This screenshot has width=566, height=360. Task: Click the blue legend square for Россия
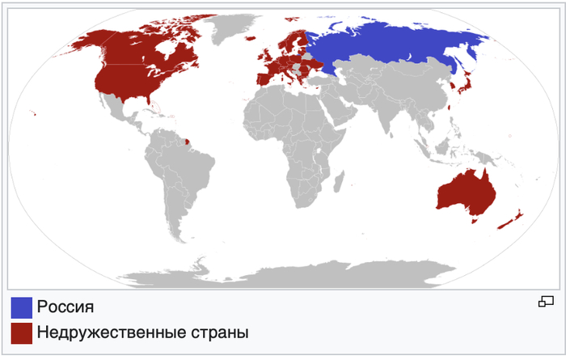click(x=21, y=307)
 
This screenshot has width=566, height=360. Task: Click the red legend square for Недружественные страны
click(x=21, y=332)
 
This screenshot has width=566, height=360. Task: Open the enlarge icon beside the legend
click(x=546, y=302)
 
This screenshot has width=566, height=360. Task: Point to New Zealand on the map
click(x=511, y=219)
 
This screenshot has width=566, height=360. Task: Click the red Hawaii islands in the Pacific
click(x=33, y=112)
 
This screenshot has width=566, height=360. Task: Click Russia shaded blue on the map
click(x=388, y=44)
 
